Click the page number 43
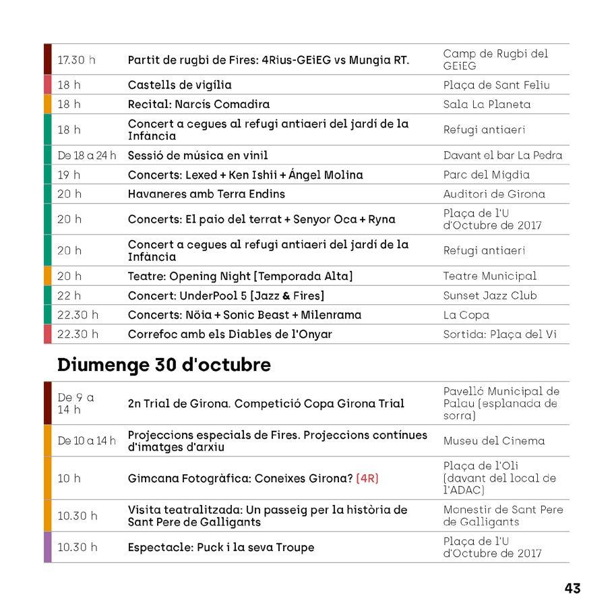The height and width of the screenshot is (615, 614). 572,588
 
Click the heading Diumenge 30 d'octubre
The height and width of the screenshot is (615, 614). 164,365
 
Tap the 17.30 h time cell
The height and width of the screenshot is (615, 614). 76,60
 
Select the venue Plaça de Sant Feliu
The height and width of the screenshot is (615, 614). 496,85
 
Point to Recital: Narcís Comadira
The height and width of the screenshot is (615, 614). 199,104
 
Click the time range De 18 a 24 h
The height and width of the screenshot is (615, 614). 87,155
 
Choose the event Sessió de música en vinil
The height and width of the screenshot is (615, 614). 197,155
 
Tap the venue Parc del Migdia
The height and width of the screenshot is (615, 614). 486,175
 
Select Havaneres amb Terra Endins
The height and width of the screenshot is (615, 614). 206,194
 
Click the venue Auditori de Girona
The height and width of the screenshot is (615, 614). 494,194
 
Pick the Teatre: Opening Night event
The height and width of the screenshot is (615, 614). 240,276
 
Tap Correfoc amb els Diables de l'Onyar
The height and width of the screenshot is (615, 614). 230,334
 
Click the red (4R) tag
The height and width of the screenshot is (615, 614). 367,478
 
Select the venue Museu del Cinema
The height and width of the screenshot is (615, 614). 493,441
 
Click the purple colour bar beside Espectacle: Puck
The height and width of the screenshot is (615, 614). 47,547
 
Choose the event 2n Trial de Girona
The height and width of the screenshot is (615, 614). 266,403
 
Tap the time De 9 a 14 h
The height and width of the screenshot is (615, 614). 75,403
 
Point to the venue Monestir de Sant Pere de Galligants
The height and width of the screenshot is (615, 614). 503,516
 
